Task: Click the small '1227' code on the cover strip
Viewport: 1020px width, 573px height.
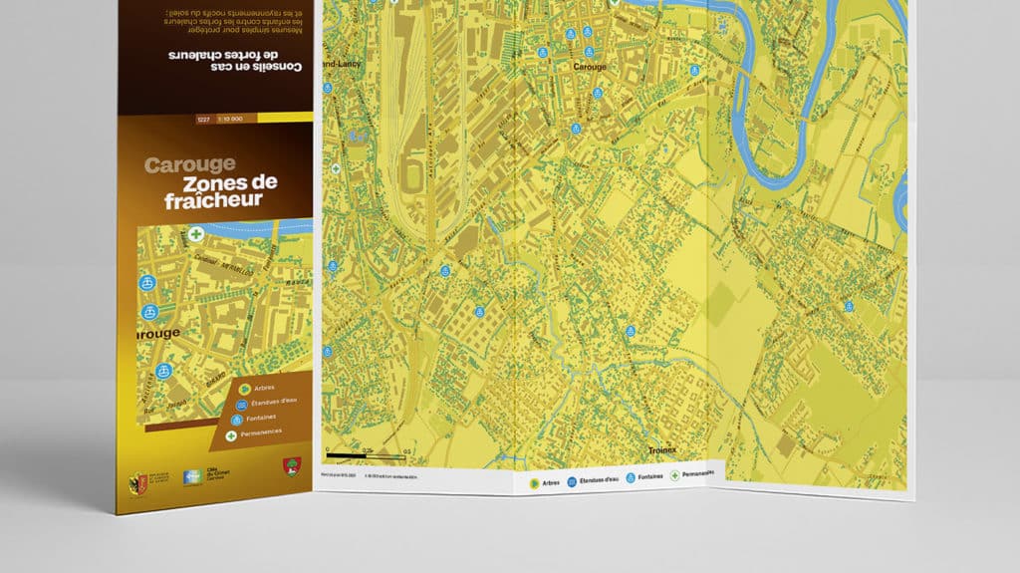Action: coord(204,119)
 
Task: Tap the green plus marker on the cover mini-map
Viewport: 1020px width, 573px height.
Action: coord(195,235)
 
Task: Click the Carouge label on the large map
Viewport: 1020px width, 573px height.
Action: coord(590,67)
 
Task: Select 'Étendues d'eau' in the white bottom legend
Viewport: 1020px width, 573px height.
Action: coord(588,481)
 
